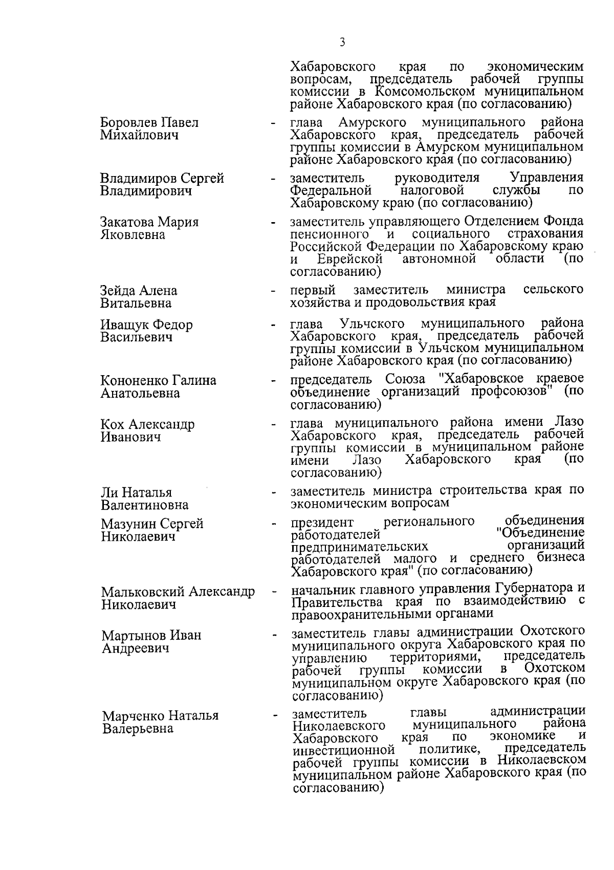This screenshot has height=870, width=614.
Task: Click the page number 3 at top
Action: pyautogui.click(x=342, y=42)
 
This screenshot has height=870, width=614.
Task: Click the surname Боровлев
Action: pyautogui.click(x=128, y=123)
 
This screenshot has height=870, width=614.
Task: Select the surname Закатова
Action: pyautogui.click(x=127, y=223)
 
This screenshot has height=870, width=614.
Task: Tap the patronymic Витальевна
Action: pyautogui.click(x=136, y=303)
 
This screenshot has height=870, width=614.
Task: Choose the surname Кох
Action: pyautogui.click(x=113, y=425)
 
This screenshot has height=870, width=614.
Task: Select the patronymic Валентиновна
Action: pyautogui.click(x=145, y=506)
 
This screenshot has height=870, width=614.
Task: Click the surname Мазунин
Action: pyautogui.click(x=128, y=524)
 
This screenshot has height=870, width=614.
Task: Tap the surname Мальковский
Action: pyautogui.click(x=143, y=592)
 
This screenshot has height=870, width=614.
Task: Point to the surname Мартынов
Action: pyautogui.click(x=133, y=636)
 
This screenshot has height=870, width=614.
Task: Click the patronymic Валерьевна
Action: pyautogui.click(x=138, y=728)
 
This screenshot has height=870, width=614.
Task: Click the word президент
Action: pyautogui.click(x=322, y=523)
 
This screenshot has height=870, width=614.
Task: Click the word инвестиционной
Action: pyautogui.click(x=344, y=750)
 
